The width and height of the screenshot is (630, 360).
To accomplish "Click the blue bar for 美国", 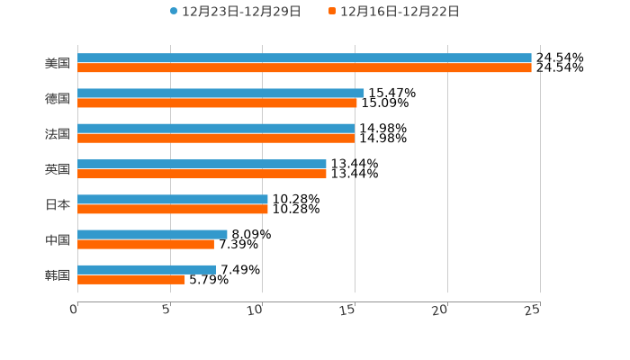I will pos(304,58).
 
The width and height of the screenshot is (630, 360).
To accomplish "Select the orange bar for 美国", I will pos(304,67).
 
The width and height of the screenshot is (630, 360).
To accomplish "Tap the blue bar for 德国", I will pos(220,93).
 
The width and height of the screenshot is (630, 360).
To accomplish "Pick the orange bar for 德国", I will pos(217,103).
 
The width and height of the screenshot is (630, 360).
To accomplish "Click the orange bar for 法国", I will pos(216,138).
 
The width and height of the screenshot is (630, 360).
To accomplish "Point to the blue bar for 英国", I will pos(202,164).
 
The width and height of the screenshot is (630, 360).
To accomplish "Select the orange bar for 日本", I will pos(173,209).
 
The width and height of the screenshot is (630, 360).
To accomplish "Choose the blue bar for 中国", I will pos(152,234).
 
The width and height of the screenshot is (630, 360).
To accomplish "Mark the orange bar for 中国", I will pos(146,244).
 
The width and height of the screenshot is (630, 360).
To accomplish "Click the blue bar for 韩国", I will pos(147,269).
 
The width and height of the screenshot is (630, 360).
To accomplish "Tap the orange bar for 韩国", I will pos(131,279).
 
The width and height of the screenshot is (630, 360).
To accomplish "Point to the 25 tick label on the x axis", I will pos(533,310).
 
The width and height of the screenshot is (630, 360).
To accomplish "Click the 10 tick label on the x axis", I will pos(256,310).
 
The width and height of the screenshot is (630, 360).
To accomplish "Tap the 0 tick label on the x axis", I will pos(74,310).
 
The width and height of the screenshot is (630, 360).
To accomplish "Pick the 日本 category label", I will pos(58,204).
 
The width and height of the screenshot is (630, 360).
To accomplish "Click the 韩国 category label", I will pos(58,274).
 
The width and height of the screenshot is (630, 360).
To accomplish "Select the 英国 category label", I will pos(58,169).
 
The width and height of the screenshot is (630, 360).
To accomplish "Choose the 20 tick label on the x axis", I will pos(440,310).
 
